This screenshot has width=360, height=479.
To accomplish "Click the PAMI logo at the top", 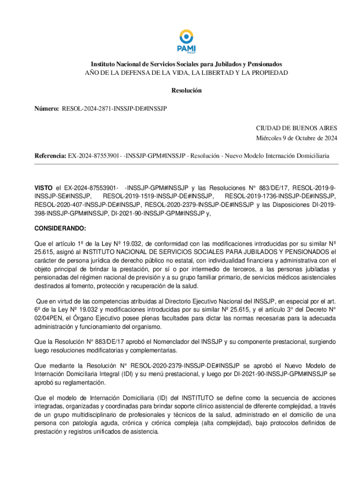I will point(186,41).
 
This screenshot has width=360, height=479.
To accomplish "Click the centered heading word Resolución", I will point(186,91).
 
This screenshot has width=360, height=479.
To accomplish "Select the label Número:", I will point(46,109).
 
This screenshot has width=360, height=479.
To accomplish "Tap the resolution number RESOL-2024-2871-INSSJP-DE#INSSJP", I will point(114,109).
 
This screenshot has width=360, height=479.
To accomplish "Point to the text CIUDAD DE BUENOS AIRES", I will point(296,128).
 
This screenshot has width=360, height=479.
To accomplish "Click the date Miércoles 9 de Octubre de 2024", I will point(296,138).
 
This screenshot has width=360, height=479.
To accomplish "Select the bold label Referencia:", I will point(50,155).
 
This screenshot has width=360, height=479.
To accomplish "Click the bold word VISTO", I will point(44,188).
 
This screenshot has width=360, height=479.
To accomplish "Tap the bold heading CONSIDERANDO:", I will point(60,228).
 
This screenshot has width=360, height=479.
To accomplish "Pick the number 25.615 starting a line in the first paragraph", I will point(45,252).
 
